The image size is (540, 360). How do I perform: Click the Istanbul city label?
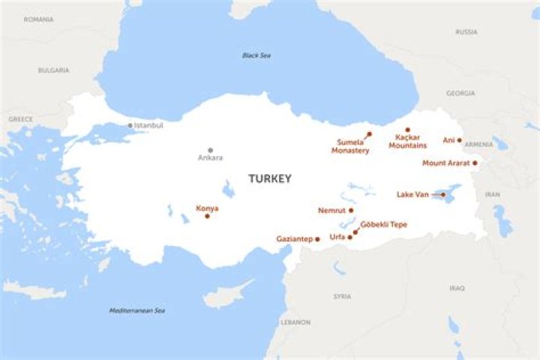click(x=148, y=125)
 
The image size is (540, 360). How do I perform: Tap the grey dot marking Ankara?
click(x=210, y=150)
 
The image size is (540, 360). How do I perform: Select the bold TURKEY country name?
click(x=270, y=178)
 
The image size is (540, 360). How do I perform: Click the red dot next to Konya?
click(x=207, y=216)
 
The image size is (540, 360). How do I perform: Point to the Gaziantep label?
click(x=294, y=239)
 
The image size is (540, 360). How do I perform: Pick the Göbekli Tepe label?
click(x=384, y=224)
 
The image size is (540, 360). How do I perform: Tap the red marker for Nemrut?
click(x=351, y=211)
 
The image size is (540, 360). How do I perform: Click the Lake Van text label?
click(x=412, y=194)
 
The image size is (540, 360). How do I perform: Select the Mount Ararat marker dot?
click(x=475, y=163)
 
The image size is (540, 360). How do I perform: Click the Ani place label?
click(x=448, y=140)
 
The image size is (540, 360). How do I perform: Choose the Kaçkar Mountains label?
click(x=407, y=141)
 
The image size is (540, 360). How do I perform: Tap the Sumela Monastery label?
click(x=350, y=146)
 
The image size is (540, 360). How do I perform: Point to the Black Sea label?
click(x=256, y=55)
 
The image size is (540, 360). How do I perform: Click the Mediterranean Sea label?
click(x=136, y=310)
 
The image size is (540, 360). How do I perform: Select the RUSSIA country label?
click(x=466, y=32)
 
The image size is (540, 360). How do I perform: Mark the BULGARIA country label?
click(x=53, y=70)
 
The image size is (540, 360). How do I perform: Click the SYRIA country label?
click(x=342, y=296)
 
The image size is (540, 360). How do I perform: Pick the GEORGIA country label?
click(x=460, y=94)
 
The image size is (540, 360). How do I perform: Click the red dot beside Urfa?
click(x=350, y=237)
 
